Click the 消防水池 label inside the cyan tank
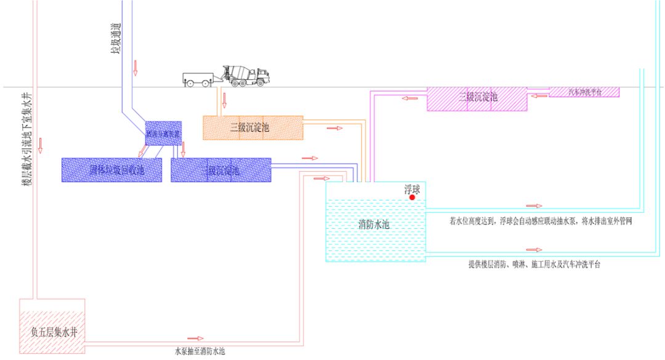[374, 225]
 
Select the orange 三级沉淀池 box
[253, 127]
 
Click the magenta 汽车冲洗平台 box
[584, 92]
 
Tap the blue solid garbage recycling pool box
[111, 170]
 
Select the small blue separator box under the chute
[163, 133]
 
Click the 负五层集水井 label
[52, 332]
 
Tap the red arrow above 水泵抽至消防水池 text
[195, 338]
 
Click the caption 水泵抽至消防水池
[200, 351]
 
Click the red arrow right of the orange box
[334, 128]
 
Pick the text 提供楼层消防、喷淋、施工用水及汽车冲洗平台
[534, 265]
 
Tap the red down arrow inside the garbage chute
[135, 68]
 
